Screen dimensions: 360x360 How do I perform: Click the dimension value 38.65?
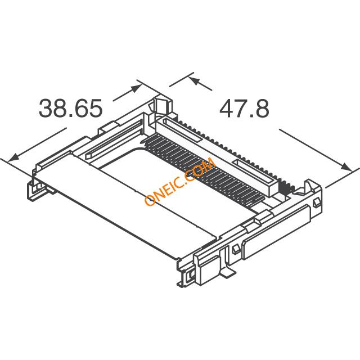pos(71,107)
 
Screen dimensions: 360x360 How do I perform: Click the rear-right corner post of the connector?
pos(310,188)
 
